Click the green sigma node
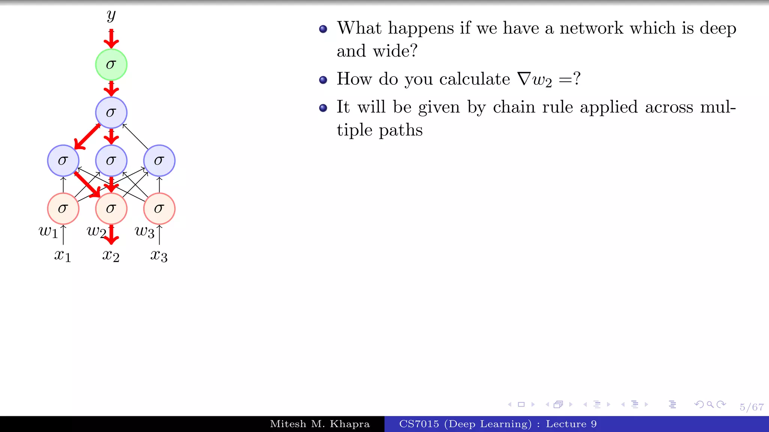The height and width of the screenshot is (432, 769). [111, 64]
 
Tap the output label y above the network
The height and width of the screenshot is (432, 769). [111, 16]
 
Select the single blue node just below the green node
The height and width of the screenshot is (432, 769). [111, 112]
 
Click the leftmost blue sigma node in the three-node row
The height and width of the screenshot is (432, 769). [63, 160]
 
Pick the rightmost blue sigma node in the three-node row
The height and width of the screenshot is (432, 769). [159, 160]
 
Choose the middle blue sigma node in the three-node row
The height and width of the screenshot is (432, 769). [111, 160]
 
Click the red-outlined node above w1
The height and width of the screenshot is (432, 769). [63, 208]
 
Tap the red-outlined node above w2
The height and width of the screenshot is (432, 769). [111, 208]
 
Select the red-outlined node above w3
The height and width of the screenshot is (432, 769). [159, 208]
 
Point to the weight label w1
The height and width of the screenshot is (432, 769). [48, 232]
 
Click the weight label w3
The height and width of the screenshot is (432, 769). [145, 232]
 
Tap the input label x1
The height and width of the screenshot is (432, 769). [62, 256]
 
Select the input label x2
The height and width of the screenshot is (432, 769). [111, 256]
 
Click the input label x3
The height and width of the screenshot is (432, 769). [159, 256]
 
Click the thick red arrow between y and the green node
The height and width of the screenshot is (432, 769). [111, 39]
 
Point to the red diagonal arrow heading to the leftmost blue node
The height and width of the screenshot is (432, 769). [87, 137]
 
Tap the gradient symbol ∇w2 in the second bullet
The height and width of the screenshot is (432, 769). [534, 79]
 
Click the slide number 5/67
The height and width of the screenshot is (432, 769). [751, 407]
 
